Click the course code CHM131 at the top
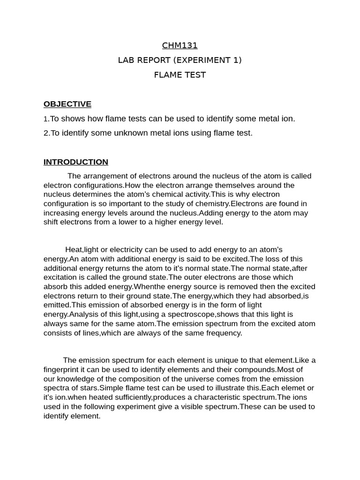click(180, 45)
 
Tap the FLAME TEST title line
click(180, 75)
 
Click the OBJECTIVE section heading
click(67, 104)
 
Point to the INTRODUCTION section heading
click(76, 162)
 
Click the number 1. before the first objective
click(46, 119)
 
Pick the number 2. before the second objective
click(46, 133)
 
